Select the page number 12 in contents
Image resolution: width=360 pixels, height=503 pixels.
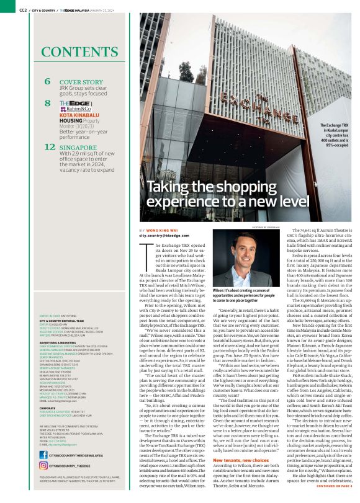50,148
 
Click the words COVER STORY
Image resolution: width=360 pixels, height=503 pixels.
81,81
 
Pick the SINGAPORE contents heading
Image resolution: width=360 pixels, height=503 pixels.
84,147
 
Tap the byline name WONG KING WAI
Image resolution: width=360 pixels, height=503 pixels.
161,230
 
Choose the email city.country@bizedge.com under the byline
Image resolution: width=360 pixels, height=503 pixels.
163,236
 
